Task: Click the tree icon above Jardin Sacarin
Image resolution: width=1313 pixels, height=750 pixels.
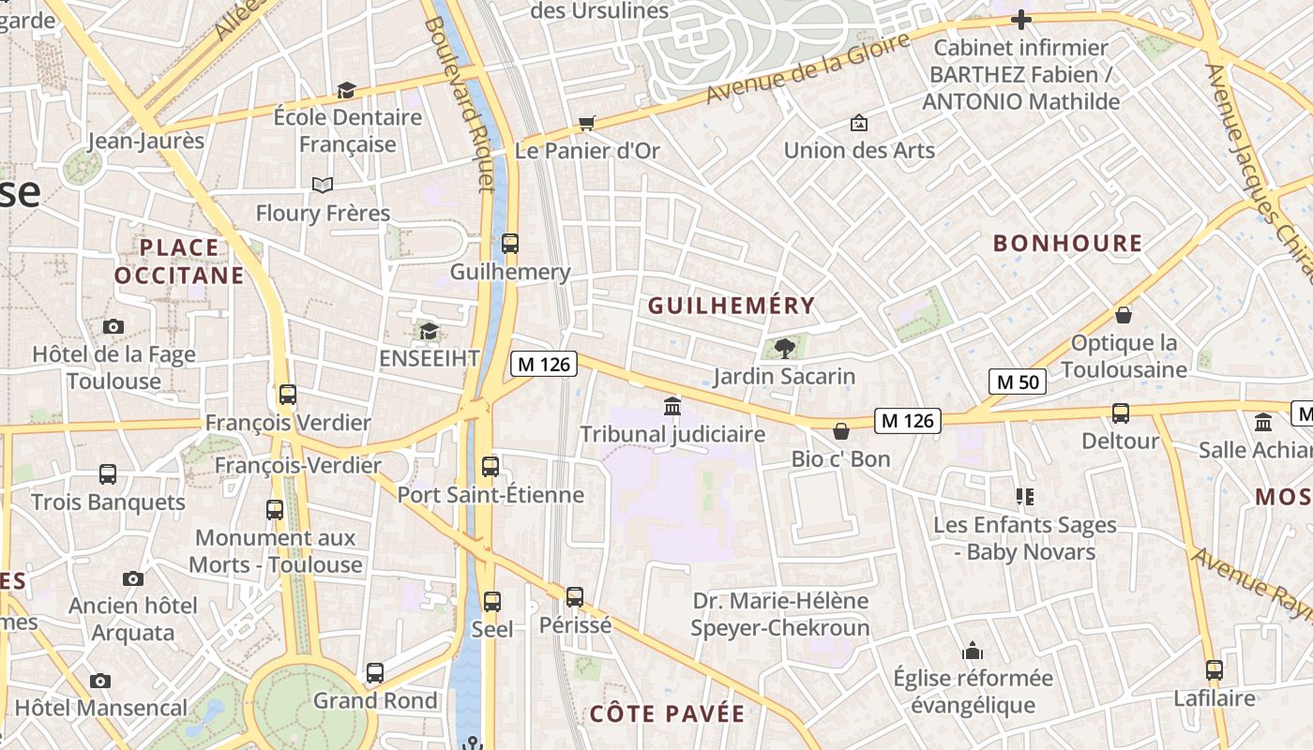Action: pos(785,349)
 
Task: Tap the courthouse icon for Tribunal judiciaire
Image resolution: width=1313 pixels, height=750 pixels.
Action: pos(672,407)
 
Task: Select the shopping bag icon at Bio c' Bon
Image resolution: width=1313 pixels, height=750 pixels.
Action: pos(841,431)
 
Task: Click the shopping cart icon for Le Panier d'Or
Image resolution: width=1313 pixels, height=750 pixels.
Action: pos(587,123)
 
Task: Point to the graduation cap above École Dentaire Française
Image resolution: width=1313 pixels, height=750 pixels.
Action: pos(347,90)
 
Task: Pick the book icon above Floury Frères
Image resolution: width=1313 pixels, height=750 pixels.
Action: pos(323,185)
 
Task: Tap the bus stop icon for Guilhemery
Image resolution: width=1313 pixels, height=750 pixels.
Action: pos(510,244)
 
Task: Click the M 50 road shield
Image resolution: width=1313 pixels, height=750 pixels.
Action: pos(1018,382)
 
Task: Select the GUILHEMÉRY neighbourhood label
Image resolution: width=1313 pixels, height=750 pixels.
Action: pos(732,306)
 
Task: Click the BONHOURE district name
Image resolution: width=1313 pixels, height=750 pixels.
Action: pos(1067,244)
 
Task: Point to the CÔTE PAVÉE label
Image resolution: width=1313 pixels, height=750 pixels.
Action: pos(667,713)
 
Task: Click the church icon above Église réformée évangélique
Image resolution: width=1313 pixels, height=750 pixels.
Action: pos(973,651)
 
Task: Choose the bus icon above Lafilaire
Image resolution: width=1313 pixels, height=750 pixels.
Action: pos(1215,670)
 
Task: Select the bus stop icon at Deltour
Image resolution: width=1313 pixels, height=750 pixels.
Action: pos(1120,412)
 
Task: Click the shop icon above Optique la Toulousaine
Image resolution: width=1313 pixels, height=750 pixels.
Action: pos(1124,315)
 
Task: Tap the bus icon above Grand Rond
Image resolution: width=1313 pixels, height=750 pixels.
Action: pos(375,672)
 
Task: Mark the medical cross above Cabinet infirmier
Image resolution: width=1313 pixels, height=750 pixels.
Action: pos(1021,20)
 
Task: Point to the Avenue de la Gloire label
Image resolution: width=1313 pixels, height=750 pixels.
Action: pos(807,68)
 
